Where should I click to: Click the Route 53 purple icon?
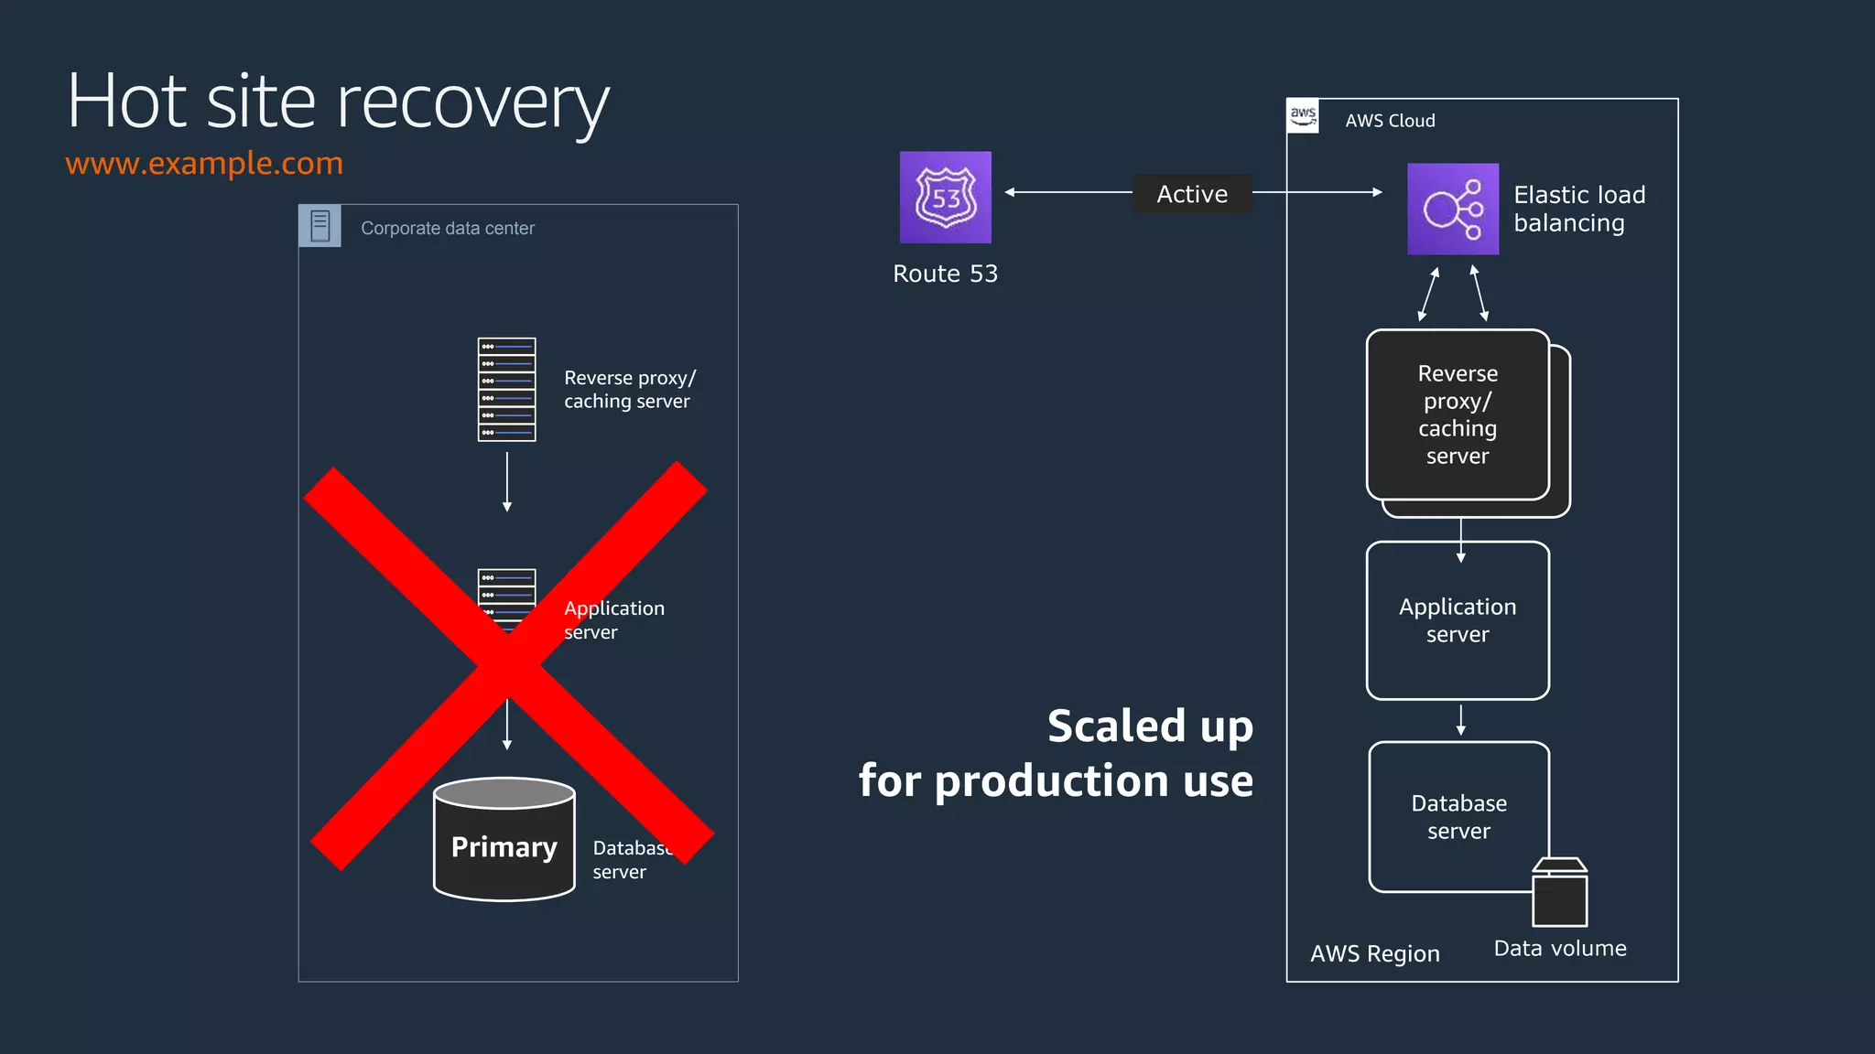(945, 197)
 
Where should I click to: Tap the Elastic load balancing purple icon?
(1452, 209)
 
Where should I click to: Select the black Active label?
(1191, 194)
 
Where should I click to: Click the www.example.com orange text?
(204, 163)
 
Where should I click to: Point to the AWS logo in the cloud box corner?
(1303, 116)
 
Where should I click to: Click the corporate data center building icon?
(320, 226)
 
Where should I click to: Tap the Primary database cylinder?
(504, 840)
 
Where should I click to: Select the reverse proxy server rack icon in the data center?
(506, 390)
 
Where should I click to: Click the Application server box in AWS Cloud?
(1458, 620)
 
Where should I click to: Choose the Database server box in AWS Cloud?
(1458, 816)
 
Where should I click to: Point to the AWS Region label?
(1374, 953)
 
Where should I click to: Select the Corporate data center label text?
(447, 228)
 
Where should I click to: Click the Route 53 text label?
(945, 274)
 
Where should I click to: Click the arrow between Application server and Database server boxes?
(1460, 720)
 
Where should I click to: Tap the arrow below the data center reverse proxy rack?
(506, 482)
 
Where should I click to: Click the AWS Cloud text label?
(1389, 121)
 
